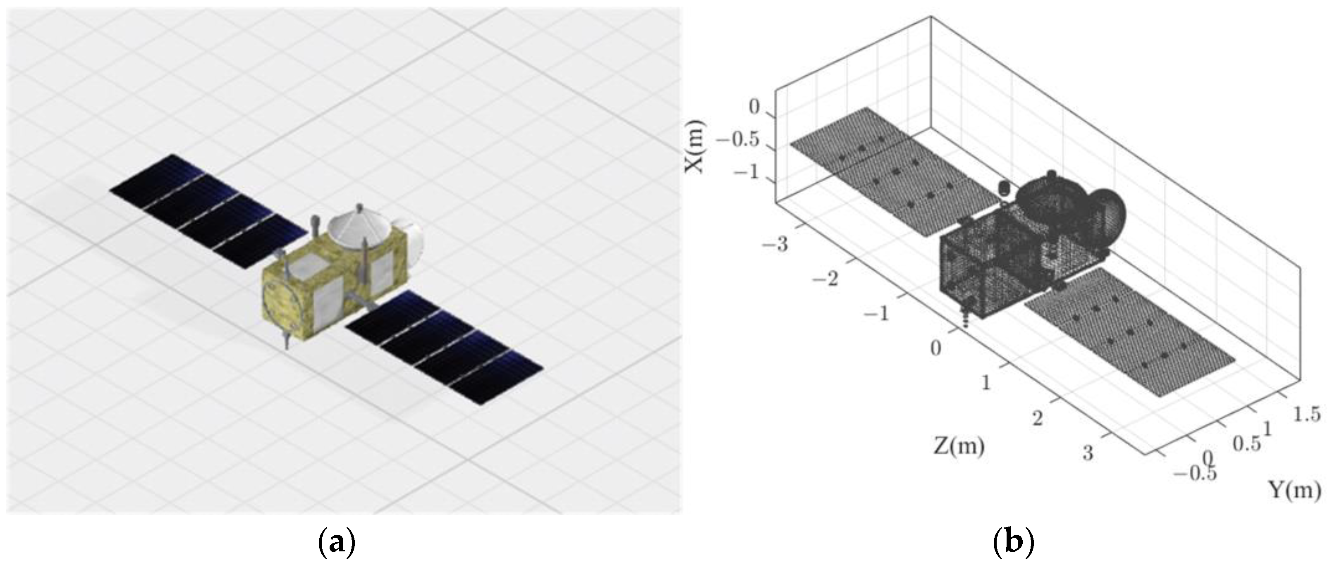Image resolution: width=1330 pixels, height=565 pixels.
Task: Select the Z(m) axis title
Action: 959,446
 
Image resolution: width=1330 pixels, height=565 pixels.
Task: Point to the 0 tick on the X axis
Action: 755,107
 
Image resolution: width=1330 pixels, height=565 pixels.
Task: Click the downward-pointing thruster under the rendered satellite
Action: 286,340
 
